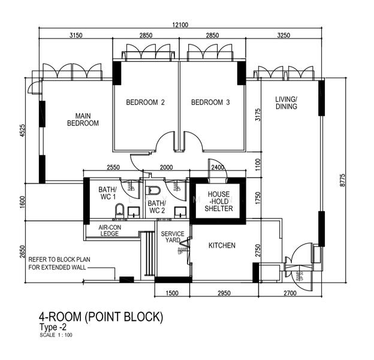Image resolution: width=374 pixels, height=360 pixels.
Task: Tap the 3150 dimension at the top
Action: (x=76, y=36)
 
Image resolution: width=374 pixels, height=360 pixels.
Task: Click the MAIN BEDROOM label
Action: (x=83, y=119)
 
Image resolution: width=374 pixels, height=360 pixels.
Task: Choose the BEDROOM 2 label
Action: (x=145, y=103)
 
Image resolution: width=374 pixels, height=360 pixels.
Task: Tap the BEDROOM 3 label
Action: (x=210, y=103)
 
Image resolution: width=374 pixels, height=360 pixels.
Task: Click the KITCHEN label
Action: (x=222, y=245)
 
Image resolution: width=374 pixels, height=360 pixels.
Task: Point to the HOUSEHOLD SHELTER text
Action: (x=218, y=202)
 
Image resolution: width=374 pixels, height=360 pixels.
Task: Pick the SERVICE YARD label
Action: (x=173, y=238)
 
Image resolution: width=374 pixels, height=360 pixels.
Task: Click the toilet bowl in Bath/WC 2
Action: (x=152, y=191)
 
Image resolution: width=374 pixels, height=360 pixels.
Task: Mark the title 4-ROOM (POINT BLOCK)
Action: (x=101, y=316)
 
